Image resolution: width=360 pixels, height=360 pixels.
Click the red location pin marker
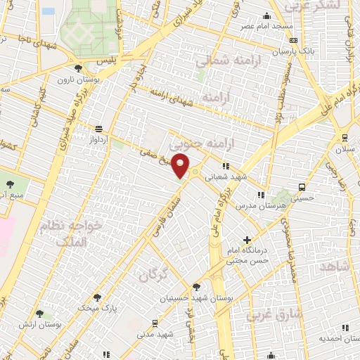pos(181,166)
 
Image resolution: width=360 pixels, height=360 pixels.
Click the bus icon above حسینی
pos(302,188)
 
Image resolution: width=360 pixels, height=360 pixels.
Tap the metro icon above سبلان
pos(345,138)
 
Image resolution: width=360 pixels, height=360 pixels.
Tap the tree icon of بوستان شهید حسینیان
pos(196,287)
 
